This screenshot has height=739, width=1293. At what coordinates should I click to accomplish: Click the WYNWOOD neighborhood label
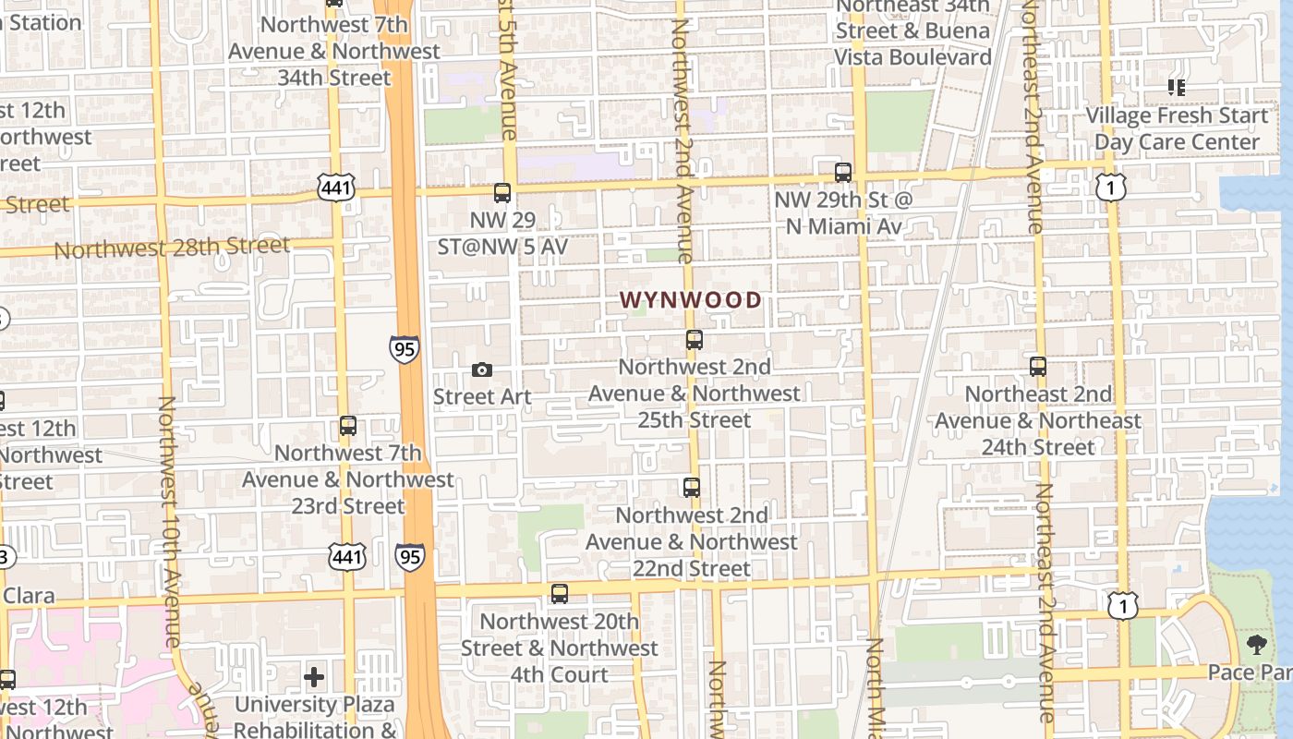[x=691, y=300]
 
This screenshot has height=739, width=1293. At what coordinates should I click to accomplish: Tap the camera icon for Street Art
[x=481, y=370]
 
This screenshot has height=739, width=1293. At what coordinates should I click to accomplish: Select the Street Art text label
[x=482, y=397]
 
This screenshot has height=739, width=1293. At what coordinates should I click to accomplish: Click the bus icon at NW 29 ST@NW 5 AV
[x=502, y=193]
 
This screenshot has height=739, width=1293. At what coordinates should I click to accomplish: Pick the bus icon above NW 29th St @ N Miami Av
[x=842, y=173]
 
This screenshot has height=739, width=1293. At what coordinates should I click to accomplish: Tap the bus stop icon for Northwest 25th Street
[x=695, y=340]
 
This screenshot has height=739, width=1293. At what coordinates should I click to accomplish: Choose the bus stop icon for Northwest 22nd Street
[x=692, y=488]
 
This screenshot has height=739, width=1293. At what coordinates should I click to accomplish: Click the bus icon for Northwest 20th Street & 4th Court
[x=560, y=594]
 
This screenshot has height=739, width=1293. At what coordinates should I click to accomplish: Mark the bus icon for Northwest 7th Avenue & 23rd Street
[x=348, y=426]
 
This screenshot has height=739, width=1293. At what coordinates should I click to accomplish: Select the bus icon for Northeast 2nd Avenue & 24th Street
[x=1038, y=367]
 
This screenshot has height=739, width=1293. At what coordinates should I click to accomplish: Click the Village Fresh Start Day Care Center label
[x=1177, y=128]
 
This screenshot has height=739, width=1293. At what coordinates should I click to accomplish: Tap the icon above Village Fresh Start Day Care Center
[x=1177, y=88]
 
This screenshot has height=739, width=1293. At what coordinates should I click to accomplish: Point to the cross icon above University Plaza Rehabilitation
[x=314, y=677]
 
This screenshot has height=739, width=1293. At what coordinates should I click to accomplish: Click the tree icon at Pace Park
[x=1256, y=645]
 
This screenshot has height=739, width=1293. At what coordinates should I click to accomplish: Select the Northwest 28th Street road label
[x=172, y=248]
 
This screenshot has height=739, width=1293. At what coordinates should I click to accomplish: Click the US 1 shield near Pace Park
[x=1123, y=606]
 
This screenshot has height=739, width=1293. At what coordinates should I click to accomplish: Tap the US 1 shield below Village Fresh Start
[x=1110, y=188]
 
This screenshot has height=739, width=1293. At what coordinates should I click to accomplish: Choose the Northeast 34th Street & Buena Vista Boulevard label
[x=912, y=31]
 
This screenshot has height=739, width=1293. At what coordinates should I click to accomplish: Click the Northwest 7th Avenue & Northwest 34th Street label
[x=333, y=51]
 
